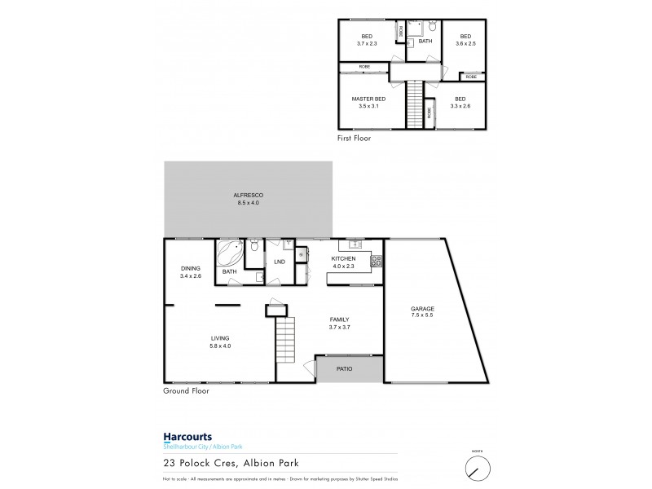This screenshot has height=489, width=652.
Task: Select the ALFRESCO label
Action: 248,195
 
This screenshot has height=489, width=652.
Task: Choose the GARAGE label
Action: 422,309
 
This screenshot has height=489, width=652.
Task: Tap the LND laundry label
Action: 279,262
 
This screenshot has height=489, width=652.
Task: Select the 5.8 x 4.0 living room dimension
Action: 219,346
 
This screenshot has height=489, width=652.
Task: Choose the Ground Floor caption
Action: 187,390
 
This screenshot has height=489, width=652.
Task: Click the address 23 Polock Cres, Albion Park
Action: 230,462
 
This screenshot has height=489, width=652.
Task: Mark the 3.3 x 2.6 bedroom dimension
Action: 460,105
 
